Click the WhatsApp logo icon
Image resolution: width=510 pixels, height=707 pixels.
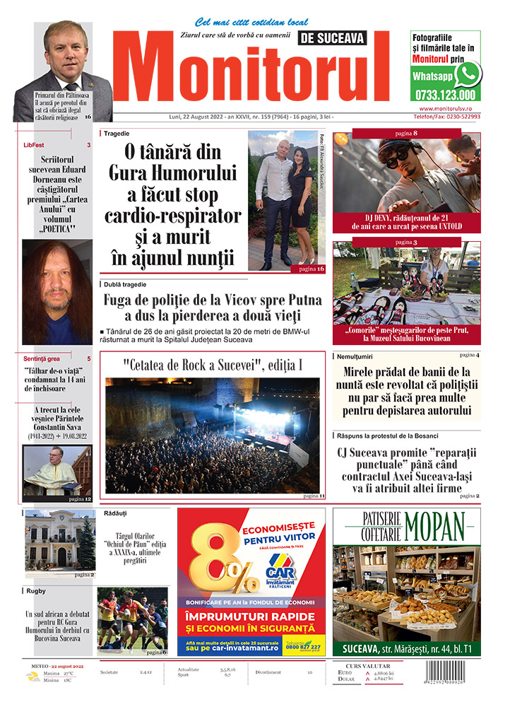click(x=468, y=74)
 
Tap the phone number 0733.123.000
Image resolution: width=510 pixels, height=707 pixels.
click(x=446, y=95)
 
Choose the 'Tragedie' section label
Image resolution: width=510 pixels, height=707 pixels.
click(x=117, y=133)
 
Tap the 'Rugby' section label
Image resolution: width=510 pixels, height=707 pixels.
click(x=36, y=590)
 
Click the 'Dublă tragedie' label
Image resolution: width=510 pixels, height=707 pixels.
click(x=126, y=284)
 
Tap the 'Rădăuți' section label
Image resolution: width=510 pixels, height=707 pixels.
click(x=115, y=512)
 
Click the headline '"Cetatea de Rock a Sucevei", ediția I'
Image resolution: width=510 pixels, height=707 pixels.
click(x=212, y=366)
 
